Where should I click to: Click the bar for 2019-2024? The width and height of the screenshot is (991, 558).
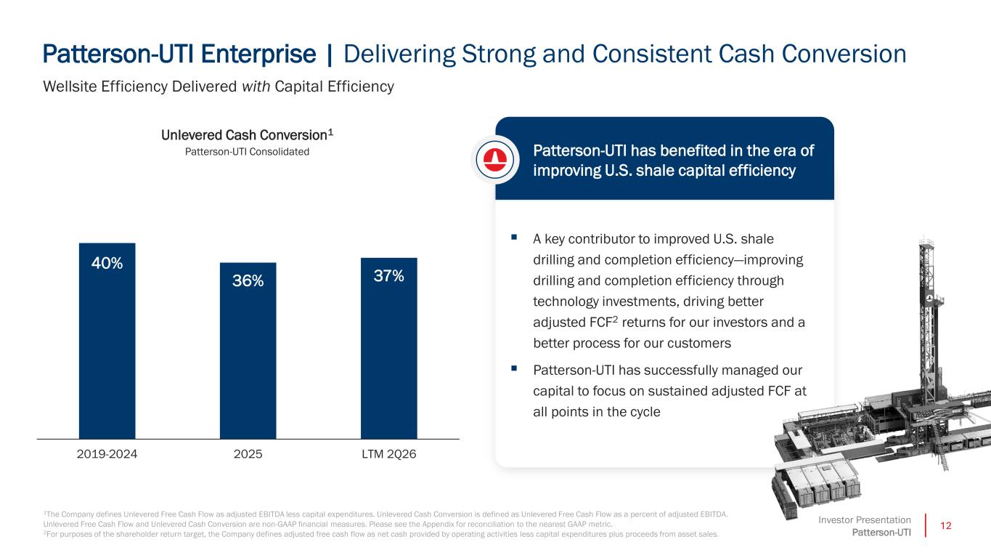pyautogui.click(x=107, y=341)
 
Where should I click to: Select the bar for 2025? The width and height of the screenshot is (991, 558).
pyautogui.click(x=248, y=351)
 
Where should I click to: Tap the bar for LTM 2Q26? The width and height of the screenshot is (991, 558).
pyautogui.click(x=389, y=349)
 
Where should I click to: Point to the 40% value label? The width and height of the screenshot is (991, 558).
pyautogui.click(x=107, y=263)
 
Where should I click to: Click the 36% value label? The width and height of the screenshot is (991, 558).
pyautogui.click(x=248, y=280)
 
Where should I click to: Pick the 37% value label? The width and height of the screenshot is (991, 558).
pyautogui.click(x=389, y=275)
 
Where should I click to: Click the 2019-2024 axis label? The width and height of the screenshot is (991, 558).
pyautogui.click(x=107, y=454)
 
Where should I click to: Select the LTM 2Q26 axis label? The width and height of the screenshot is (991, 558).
pyautogui.click(x=389, y=454)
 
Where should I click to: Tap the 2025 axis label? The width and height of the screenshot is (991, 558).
pyautogui.click(x=248, y=454)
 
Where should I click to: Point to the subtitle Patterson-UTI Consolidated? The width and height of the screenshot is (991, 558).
pyautogui.click(x=247, y=151)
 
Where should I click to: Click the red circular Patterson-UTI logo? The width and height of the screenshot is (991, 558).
pyautogui.click(x=494, y=159)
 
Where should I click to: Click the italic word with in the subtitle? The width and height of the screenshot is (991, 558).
pyautogui.click(x=256, y=86)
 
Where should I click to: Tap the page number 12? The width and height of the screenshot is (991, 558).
pyautogui.click(x=946, y=526)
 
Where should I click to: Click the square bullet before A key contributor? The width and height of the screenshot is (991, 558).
pyautogui.click(x=514, y=237)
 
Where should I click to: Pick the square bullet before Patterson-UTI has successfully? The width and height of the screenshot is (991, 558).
pyautogui.click(x=514, y=368)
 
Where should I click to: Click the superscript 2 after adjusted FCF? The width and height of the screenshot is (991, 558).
pyautogui.click(x=615, y=319)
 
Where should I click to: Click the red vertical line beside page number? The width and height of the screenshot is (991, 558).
pyautogui.click(x=925, y=526)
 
